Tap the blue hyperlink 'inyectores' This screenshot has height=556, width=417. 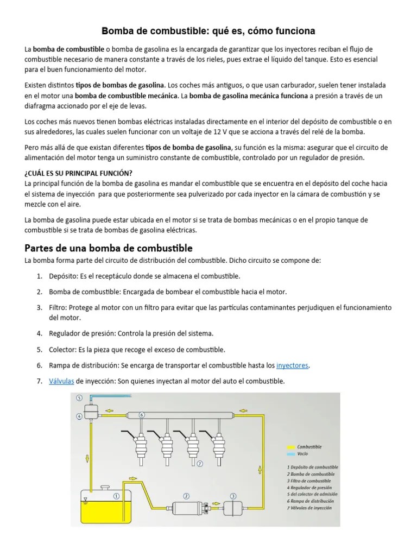click(293, 365)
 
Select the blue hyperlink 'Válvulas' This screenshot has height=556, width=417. click(61, 381)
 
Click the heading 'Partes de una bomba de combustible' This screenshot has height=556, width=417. click(109, 248)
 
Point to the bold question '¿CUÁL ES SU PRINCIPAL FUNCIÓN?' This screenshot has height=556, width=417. click(78, 173)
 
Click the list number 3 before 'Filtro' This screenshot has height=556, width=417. click(40, 307)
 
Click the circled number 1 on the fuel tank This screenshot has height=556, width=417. click(116, 496)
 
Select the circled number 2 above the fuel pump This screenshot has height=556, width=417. click(186, 495)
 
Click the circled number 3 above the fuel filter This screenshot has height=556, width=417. click(233, 495)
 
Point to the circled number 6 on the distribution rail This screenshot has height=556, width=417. click(142, 414)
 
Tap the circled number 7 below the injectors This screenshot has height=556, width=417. click(199, 463)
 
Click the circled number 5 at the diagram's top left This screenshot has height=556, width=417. click(79, 397)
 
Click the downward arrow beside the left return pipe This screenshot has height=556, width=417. click(87, 459)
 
